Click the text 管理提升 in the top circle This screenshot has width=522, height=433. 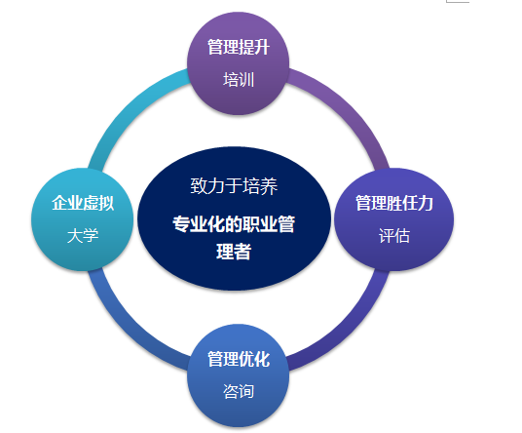pos(239,47)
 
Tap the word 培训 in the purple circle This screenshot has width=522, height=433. pos(239,80)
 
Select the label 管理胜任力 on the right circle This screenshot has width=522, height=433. pos(394,203)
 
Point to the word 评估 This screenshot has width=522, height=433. pos(394,236)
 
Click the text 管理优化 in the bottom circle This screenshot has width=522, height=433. pos(239,359)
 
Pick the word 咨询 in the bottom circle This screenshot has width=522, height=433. pos(239,391)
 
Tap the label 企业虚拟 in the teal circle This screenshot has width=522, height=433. pos(83,203)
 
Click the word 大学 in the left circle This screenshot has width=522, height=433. pos(83,236)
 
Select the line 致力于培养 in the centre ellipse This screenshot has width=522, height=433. pos(234,185)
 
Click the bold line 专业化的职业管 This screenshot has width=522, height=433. pos(234,223)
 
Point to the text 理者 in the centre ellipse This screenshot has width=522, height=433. pos(234,252)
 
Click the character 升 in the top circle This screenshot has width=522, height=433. pos(262,47)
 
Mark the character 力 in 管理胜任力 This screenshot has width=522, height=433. pos(426,203)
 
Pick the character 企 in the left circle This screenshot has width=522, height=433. pos(59,203)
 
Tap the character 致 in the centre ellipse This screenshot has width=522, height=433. pos(199,185)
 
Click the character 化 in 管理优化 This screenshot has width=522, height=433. pos(262,359)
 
